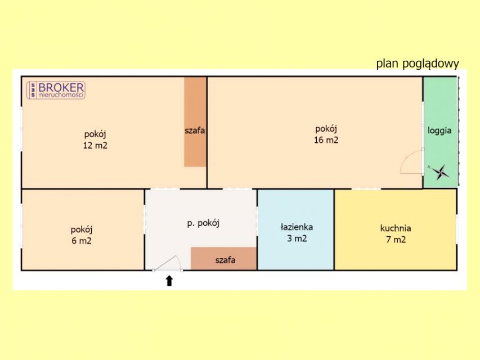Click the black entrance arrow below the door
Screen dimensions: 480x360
coord(169,281)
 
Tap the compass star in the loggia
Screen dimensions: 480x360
coord(440,172)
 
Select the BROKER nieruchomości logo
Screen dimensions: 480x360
coord(56,90)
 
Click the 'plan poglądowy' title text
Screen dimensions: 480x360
coord(418,64)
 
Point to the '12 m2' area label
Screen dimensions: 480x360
coord(95,145)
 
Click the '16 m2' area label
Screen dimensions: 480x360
coord(326,140)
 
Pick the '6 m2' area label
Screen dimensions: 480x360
coord(82,241)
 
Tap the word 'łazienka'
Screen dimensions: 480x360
coord(297,227)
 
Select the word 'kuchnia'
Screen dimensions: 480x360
coord(396,228)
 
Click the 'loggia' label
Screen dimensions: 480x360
coord(439,130)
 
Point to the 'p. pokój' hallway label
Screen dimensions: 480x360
coord(203,223)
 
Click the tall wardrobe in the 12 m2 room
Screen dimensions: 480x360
coord(195,122)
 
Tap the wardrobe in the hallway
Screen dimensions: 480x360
coord(223,258)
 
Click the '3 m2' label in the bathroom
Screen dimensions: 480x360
coord(297,238)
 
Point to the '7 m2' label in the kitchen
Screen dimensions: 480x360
coord(396,240)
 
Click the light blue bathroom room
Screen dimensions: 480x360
coord(296,229)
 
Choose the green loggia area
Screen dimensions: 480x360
coord(441,132)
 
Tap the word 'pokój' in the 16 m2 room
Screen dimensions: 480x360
coord(326,129)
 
